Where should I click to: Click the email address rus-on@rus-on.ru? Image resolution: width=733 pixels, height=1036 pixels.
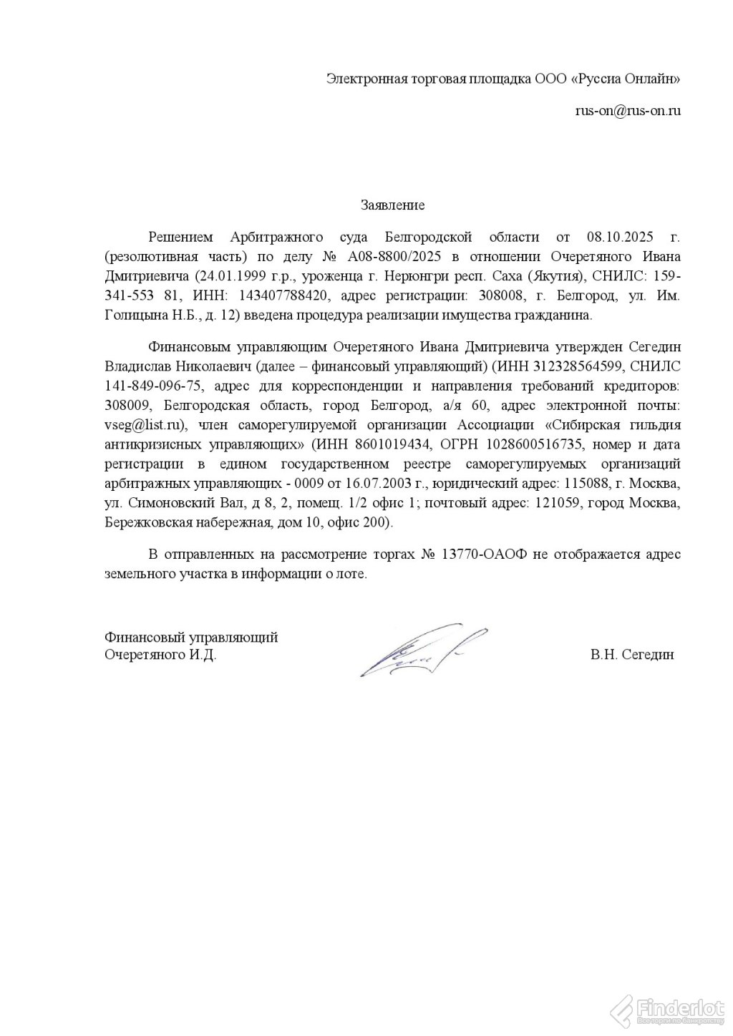point(627,111)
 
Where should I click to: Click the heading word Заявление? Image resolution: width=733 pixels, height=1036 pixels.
point(392,206)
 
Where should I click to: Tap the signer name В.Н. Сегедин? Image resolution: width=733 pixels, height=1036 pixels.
point(632,655)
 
